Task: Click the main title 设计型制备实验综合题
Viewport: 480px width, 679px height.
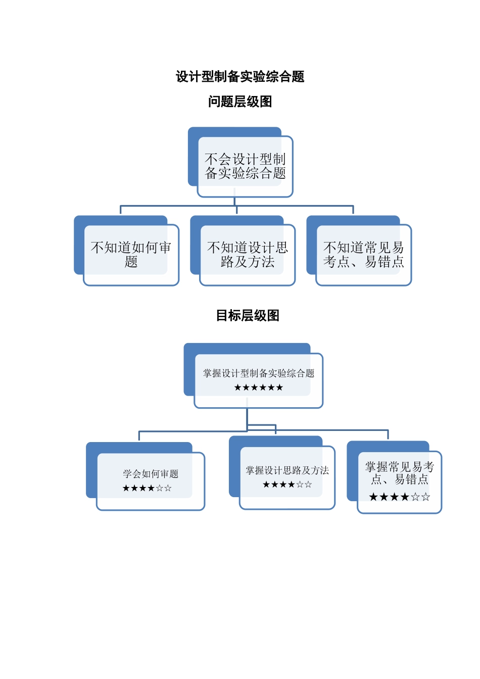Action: click(240, 77)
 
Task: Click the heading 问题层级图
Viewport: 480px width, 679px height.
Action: click(240, 102)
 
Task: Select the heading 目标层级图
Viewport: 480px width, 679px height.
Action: click(248, 316)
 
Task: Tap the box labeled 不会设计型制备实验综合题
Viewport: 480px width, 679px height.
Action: click(245, 166)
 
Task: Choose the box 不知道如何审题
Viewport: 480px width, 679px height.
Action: click(131, 255)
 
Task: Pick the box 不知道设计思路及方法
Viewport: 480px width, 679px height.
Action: click(248, 255)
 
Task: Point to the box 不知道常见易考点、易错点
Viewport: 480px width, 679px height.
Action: click(364, 255)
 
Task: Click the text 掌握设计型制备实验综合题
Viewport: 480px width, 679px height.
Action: click(259, 373)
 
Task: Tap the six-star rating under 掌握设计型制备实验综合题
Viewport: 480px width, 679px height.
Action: click(259, 387)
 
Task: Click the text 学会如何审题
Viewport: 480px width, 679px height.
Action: click(151, 474)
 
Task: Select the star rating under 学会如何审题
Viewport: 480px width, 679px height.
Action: click(147, 488)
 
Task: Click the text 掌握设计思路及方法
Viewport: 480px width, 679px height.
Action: click(287, 470)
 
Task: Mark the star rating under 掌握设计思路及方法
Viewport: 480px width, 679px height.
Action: click(287, 484)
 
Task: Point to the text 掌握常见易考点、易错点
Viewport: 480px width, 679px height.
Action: click(400, 473)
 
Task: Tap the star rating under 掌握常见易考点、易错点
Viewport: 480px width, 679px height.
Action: click(400, 497)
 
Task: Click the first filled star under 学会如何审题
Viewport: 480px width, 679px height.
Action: click(126, 488)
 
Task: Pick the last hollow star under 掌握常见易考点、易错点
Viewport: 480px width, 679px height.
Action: click(426, 497)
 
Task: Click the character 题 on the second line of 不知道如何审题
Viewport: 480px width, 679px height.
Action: click(131, 262)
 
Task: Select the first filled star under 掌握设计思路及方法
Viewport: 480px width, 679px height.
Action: click(266, 484)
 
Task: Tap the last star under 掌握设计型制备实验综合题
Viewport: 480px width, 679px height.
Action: click(279, 387)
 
